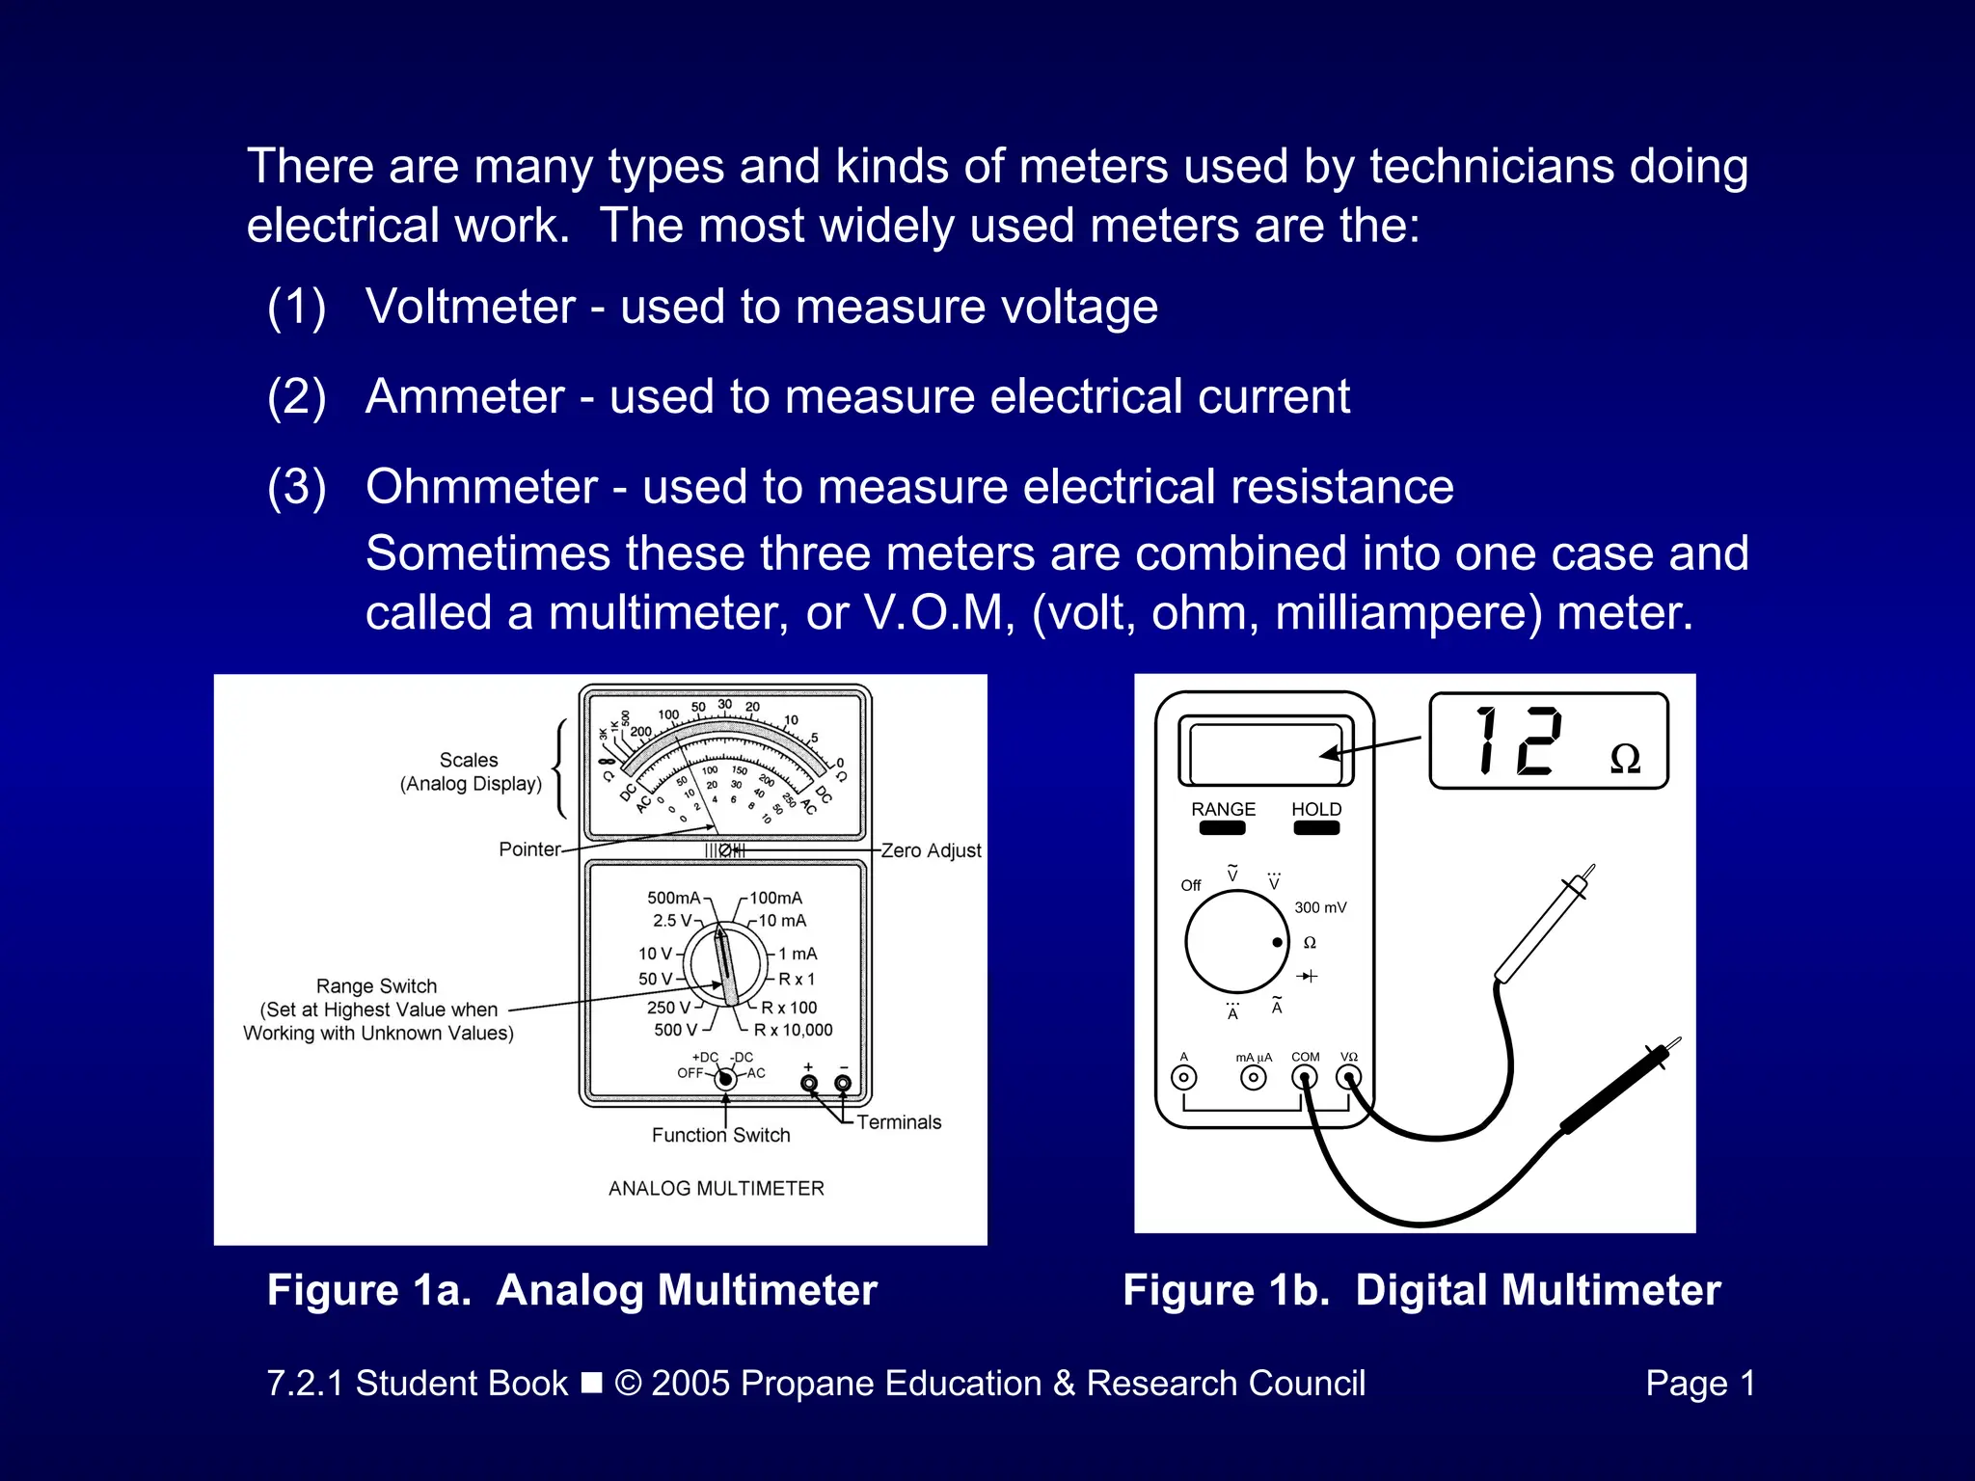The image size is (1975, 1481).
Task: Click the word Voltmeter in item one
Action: point(470,308)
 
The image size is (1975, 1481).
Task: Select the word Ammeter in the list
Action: point(465,397)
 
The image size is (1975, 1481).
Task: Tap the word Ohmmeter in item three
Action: point(481,487)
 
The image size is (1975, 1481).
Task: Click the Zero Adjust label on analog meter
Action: point(931,850)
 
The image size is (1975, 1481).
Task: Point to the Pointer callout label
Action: point(529,849)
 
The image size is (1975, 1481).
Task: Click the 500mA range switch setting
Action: point(673,898)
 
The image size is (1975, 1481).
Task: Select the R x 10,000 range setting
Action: point(793,1030)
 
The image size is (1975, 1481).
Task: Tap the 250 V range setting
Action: point(668,1007)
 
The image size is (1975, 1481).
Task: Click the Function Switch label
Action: point(720,1135)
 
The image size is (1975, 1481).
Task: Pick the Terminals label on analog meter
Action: point(898,1122)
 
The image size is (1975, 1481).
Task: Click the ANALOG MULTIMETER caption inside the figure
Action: point(716,1189)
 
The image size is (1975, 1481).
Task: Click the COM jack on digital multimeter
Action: point(1304,1077)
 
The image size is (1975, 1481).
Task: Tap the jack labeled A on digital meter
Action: point(1183,1077)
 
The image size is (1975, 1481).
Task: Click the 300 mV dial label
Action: point(1319,907)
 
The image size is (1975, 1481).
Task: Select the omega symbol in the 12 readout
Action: point(1625,759)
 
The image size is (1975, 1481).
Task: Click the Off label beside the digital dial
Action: point(1190,885)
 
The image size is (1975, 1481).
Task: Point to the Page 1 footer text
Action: point(1699,1384)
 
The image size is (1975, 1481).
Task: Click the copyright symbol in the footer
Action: point(628,1384)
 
